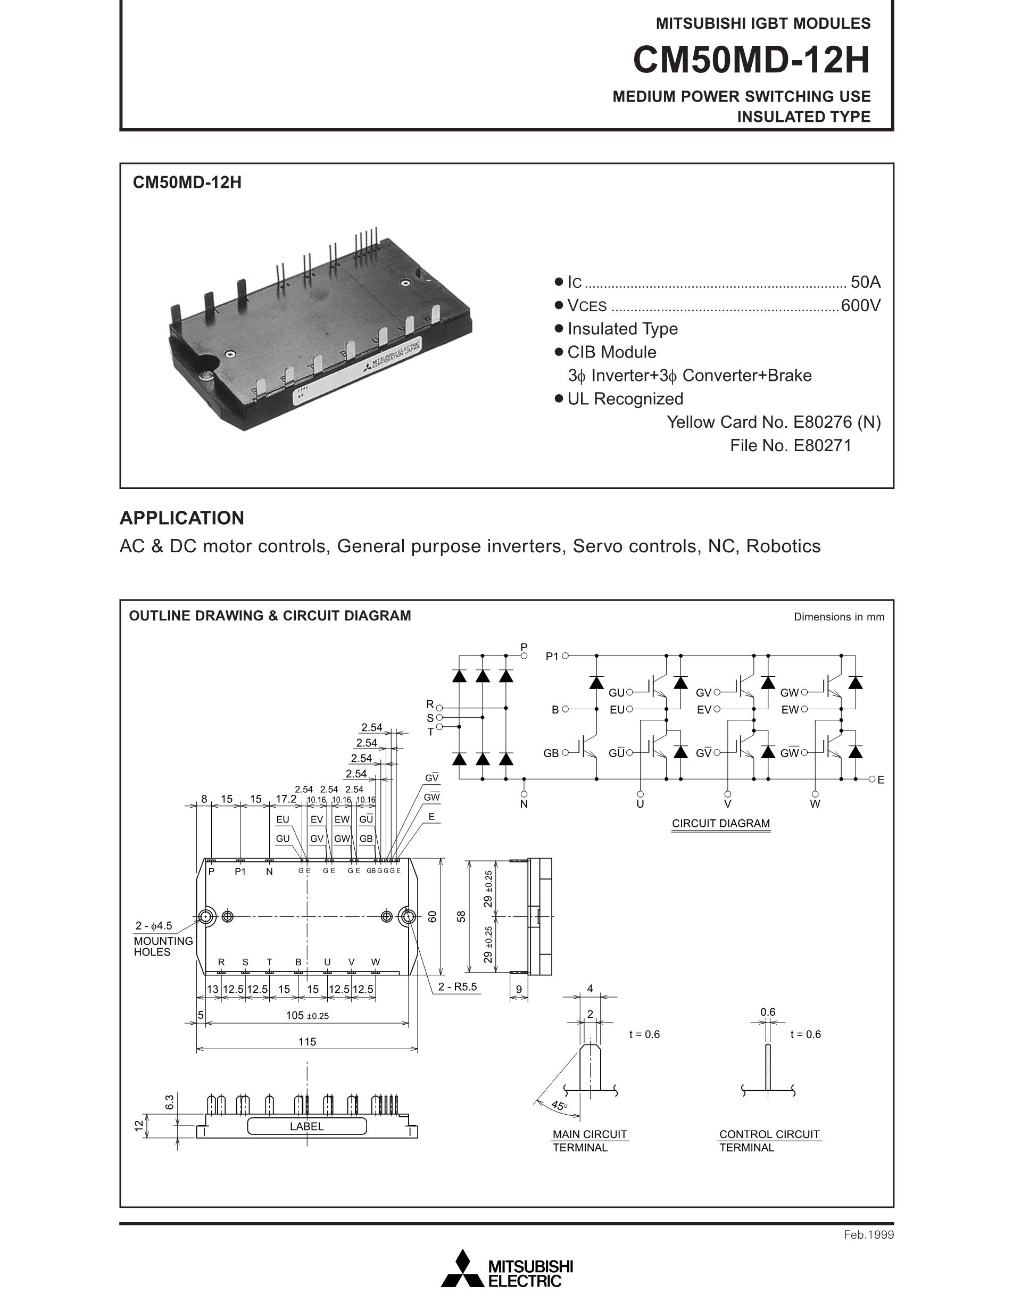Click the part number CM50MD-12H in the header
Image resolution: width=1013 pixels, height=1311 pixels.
[751, 61]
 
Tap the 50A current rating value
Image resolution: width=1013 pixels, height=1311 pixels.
[866, 282]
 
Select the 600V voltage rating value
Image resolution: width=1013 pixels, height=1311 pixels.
[860, 306]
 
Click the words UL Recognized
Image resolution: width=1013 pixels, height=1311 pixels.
[625, 399]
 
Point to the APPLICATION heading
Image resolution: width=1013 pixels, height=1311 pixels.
[182, 518]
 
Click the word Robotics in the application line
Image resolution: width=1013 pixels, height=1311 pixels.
[783, 546]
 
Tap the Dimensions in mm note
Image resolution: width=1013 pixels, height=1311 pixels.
[838, 617]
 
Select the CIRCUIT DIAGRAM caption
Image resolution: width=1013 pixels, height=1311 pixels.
[720, 824]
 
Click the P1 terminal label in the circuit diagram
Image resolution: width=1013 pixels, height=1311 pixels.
[552, 657]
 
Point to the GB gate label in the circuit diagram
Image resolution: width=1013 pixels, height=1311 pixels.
[551, 753]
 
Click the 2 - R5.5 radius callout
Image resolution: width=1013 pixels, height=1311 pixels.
[458, 987]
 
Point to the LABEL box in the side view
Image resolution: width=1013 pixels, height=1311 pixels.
[306, 1127]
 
